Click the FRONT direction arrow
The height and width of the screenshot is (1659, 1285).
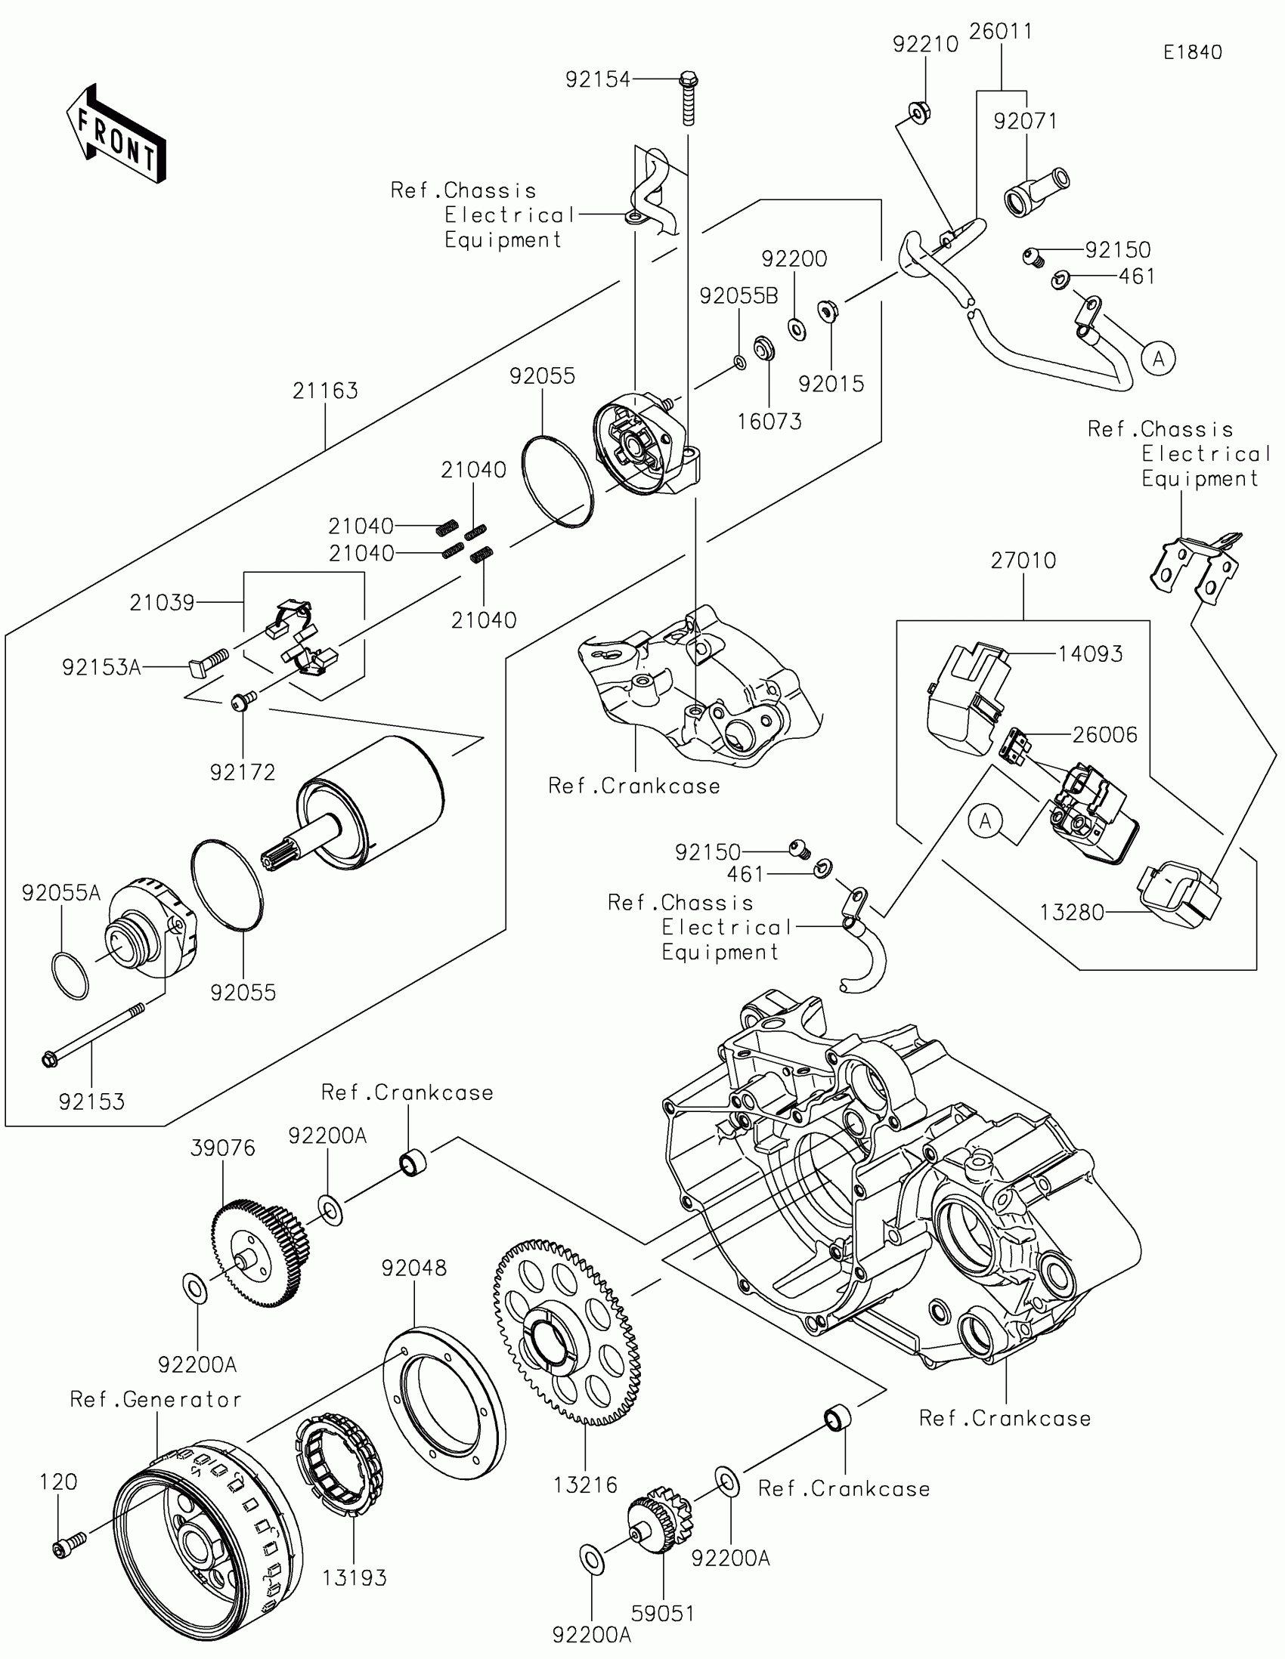pos(116,134)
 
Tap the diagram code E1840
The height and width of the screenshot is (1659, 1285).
pos(1192,52)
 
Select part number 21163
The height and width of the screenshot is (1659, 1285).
pos(324,391)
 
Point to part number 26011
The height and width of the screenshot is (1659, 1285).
pos(1000,32)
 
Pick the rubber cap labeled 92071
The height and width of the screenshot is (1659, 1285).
pos(1036,192)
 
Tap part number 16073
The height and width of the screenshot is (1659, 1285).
pos(769,422)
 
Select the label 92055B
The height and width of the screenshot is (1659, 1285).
pos(738,296)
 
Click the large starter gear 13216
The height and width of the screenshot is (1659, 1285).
pos(566,1333)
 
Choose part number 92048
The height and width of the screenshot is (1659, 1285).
pos(413,1268)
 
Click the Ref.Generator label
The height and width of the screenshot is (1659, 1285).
pos(156,1400)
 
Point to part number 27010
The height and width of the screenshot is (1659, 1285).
pos(1023,561)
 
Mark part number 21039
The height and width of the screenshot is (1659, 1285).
pos(162,603)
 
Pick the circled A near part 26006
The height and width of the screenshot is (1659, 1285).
pos(986,821)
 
